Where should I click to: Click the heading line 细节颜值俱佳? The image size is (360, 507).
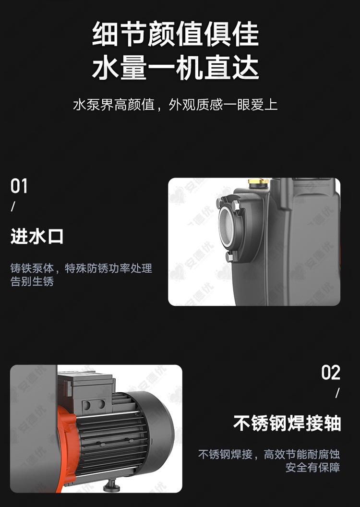[176, 33]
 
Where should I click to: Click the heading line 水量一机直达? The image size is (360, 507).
[176, 67]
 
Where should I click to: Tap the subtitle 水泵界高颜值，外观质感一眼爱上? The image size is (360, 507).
[175, 105]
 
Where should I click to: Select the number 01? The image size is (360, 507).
[19, 186]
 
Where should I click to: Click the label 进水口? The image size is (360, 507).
[37, 236]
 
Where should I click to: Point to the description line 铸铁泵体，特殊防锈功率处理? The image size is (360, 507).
[81, 268]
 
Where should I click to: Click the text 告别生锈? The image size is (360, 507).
[32, 281]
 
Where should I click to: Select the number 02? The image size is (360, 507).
[331, 373]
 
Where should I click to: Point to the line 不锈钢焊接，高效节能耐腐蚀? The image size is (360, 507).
[269, 454]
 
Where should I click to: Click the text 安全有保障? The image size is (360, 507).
[312, 467]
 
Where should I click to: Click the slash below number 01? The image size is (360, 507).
[13, 206]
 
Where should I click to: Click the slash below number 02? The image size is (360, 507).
[337, 393]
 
